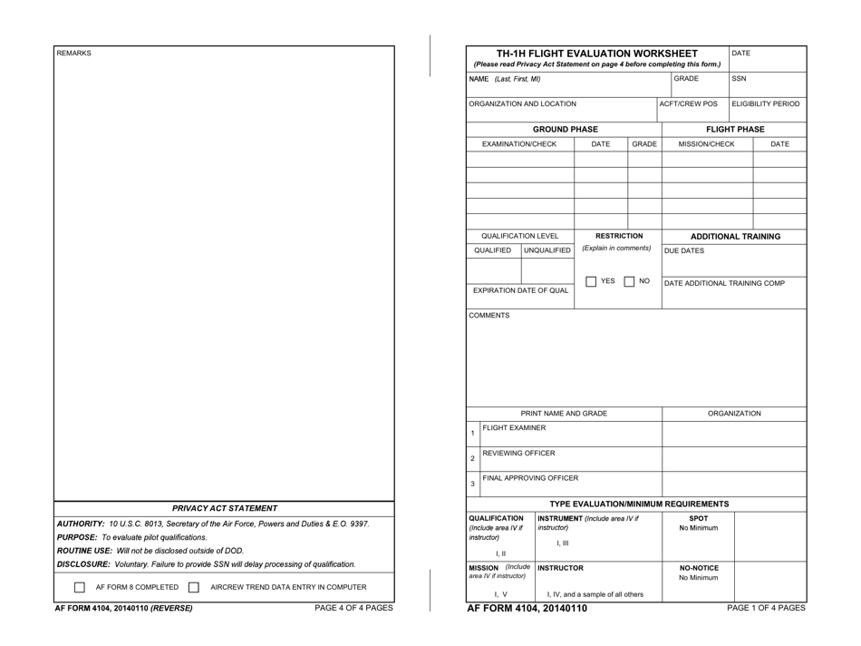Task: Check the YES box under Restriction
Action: tap(591, 281)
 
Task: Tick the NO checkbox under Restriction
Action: tap(629, 281)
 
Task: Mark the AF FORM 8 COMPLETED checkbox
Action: tap(81, 588)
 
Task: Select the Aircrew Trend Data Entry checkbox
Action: tap(193, 588)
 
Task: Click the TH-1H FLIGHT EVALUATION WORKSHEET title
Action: tap(597, 54)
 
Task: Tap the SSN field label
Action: tap(740, 79)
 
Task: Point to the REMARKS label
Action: tap(74, 54)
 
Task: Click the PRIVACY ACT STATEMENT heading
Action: tap(225, 509)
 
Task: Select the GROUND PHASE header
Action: tap(565, 129)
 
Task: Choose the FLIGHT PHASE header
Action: tap(734, 129)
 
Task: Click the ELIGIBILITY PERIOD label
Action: tap(766, 104)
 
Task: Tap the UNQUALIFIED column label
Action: tap(548, 250)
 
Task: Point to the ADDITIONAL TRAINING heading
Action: tap(735, 237)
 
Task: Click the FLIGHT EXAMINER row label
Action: tap(514, 427)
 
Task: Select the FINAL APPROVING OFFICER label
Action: tap(530, 478)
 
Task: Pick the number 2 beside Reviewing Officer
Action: tap(472, 458)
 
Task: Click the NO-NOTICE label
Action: tap(698, 568)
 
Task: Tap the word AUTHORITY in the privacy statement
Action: tap(80, 524)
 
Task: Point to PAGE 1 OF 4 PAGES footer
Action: tap(766, 608)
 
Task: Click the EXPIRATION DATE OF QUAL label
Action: tap(521, 290)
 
